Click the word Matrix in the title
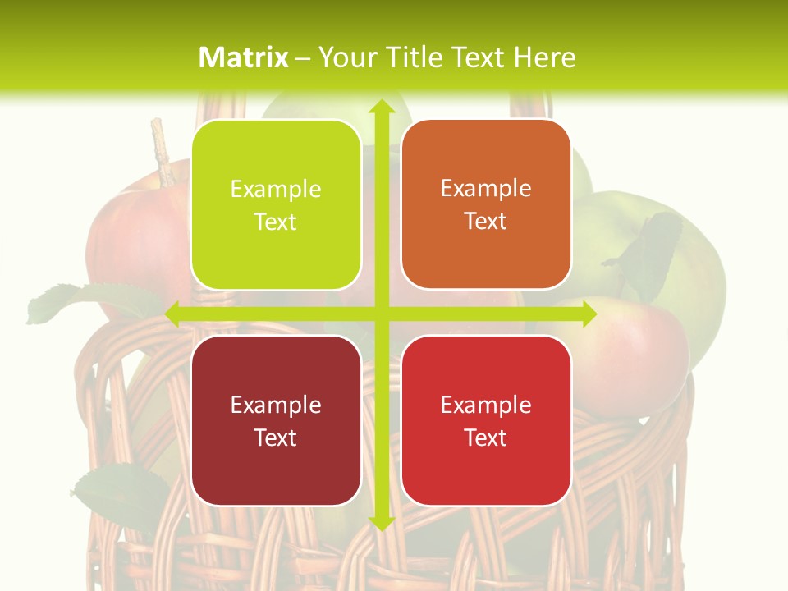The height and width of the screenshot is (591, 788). [x=244, y=57]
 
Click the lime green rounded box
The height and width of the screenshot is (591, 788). [x=276, y=205]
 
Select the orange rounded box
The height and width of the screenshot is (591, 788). [x=486, y=204]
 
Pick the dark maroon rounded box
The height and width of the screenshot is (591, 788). [x=276, y=420]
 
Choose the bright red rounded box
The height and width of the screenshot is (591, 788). [x=486, y=420]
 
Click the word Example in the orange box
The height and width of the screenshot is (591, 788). [x=486, y=189]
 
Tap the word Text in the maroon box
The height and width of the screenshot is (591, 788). [x=276, y=438]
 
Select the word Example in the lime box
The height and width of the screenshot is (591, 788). [x=276, y=190]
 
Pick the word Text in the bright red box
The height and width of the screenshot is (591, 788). [x=486, y=438]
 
